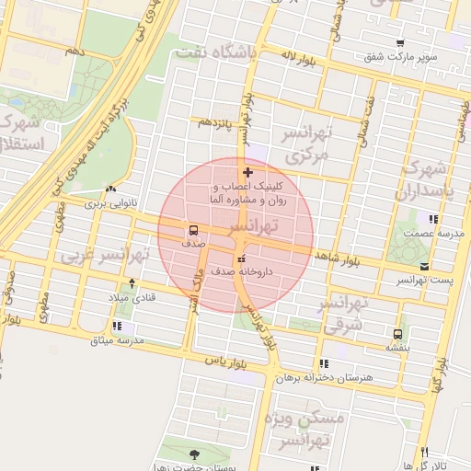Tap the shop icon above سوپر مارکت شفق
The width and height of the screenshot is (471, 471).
coord(400,43)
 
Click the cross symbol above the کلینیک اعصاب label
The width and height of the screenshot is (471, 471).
coord(247,172)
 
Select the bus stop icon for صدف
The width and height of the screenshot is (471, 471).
coord(193,230)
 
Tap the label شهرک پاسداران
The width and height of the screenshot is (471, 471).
coord(424,181)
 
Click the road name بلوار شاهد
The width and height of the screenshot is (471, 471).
coord(339,258)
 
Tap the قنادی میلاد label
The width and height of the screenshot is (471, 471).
coord(133,297)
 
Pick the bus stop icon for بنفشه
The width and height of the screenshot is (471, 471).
coord(397,334)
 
